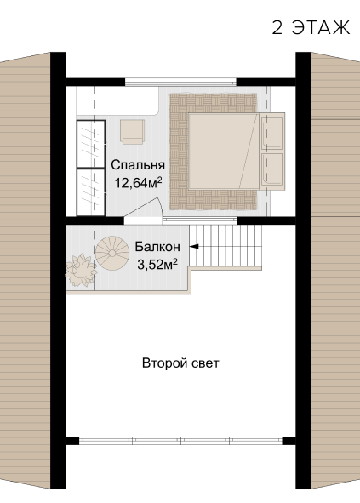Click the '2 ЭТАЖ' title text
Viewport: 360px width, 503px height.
point(311,27)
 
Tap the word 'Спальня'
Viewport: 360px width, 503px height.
point(138,165)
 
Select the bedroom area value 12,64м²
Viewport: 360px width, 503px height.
point(138,183)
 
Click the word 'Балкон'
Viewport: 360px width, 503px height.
point(157,247)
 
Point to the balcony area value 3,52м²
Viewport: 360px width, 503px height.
point(157,265)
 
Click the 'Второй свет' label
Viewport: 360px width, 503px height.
point(180,363)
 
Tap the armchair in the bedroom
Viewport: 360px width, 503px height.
point(132,132)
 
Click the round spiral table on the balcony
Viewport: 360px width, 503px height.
point(112,253)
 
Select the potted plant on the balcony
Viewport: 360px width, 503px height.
point(80,270)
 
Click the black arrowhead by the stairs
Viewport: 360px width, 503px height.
point(194,246)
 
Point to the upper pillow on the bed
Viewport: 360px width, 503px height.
point(272,133)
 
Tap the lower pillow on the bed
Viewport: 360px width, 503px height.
point(272,169)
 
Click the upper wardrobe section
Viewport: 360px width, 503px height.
point(91,144)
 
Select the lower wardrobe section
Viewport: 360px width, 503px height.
point(91,192)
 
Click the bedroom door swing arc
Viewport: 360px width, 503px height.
point(161,206)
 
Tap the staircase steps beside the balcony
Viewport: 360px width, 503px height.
point(226,245)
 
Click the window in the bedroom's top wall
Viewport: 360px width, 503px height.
point(180,83)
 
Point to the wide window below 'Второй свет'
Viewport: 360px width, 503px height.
point(180,441)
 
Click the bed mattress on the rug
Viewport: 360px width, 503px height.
point(223,151)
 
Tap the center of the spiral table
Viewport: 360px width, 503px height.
point(112,253)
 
